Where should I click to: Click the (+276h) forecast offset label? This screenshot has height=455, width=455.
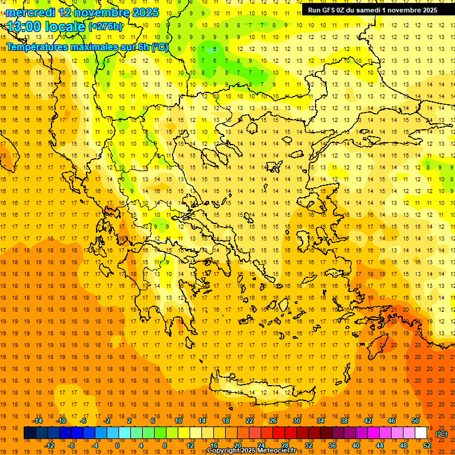pyautogui.click(x=105, y=27)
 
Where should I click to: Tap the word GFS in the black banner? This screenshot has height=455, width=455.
pyautogui.click(x=328, y=9)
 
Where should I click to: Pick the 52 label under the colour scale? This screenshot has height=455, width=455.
pyautogui.click(x=427, y=446)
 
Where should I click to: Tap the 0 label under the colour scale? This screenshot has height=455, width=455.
pyautogui.click(x=117, y=446)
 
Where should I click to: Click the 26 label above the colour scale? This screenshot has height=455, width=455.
pyautogui.click(x=273, y=421)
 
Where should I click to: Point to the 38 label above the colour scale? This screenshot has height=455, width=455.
pyautogui.click(x=344, y=421)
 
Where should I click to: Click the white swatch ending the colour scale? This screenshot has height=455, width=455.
pyautogui.click(x=421, y=433)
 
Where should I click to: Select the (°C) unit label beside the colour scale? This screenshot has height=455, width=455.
pyautogui.click(x=441, y=434)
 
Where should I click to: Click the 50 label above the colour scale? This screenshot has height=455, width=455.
pyautogui.click(x=415, y=421)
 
